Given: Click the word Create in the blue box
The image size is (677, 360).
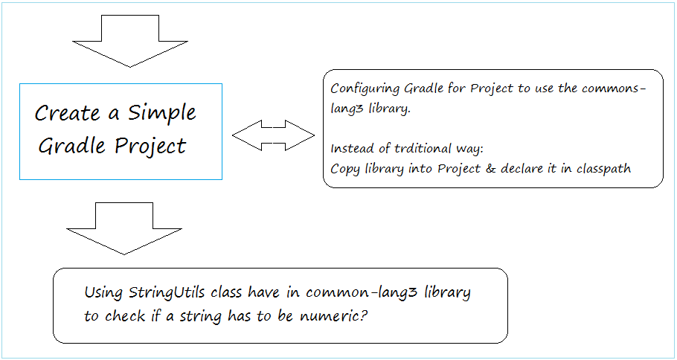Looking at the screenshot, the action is (67, 114).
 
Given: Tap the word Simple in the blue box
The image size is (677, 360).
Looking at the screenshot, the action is (162, 114).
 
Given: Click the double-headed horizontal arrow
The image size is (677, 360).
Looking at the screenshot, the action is (273, 135).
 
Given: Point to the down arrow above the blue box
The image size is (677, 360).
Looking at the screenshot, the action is (130, 42).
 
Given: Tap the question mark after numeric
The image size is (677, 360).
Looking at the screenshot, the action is (364, 315).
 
